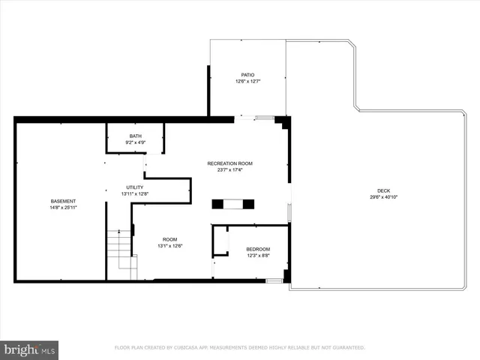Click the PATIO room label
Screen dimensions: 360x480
click(247, 75)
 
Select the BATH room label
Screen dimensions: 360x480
click(135, 136)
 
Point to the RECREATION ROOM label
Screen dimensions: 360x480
click(229, 163)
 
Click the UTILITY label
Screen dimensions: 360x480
click(135, 187)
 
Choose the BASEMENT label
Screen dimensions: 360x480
click(63, 201)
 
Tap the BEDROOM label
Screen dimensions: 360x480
click(258, 249)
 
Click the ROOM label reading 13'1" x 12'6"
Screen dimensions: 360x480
click(169, 239)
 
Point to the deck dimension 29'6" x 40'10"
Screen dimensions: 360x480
click(383, 197)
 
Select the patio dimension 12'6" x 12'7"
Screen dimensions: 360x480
click(247, 82)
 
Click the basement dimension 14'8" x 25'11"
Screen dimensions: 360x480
click(63, 208)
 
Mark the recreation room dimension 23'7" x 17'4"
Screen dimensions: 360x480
click(229, 169)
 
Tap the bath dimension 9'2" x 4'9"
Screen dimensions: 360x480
click(135, 142)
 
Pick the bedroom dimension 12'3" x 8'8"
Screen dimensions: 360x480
click(258, 256)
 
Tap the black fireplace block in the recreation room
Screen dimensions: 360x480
click(232, 203)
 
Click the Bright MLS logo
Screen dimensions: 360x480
click(30, 349)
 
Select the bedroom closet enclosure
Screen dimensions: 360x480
click(220, 241)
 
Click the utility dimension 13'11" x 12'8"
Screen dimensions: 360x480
click(135, 194)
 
